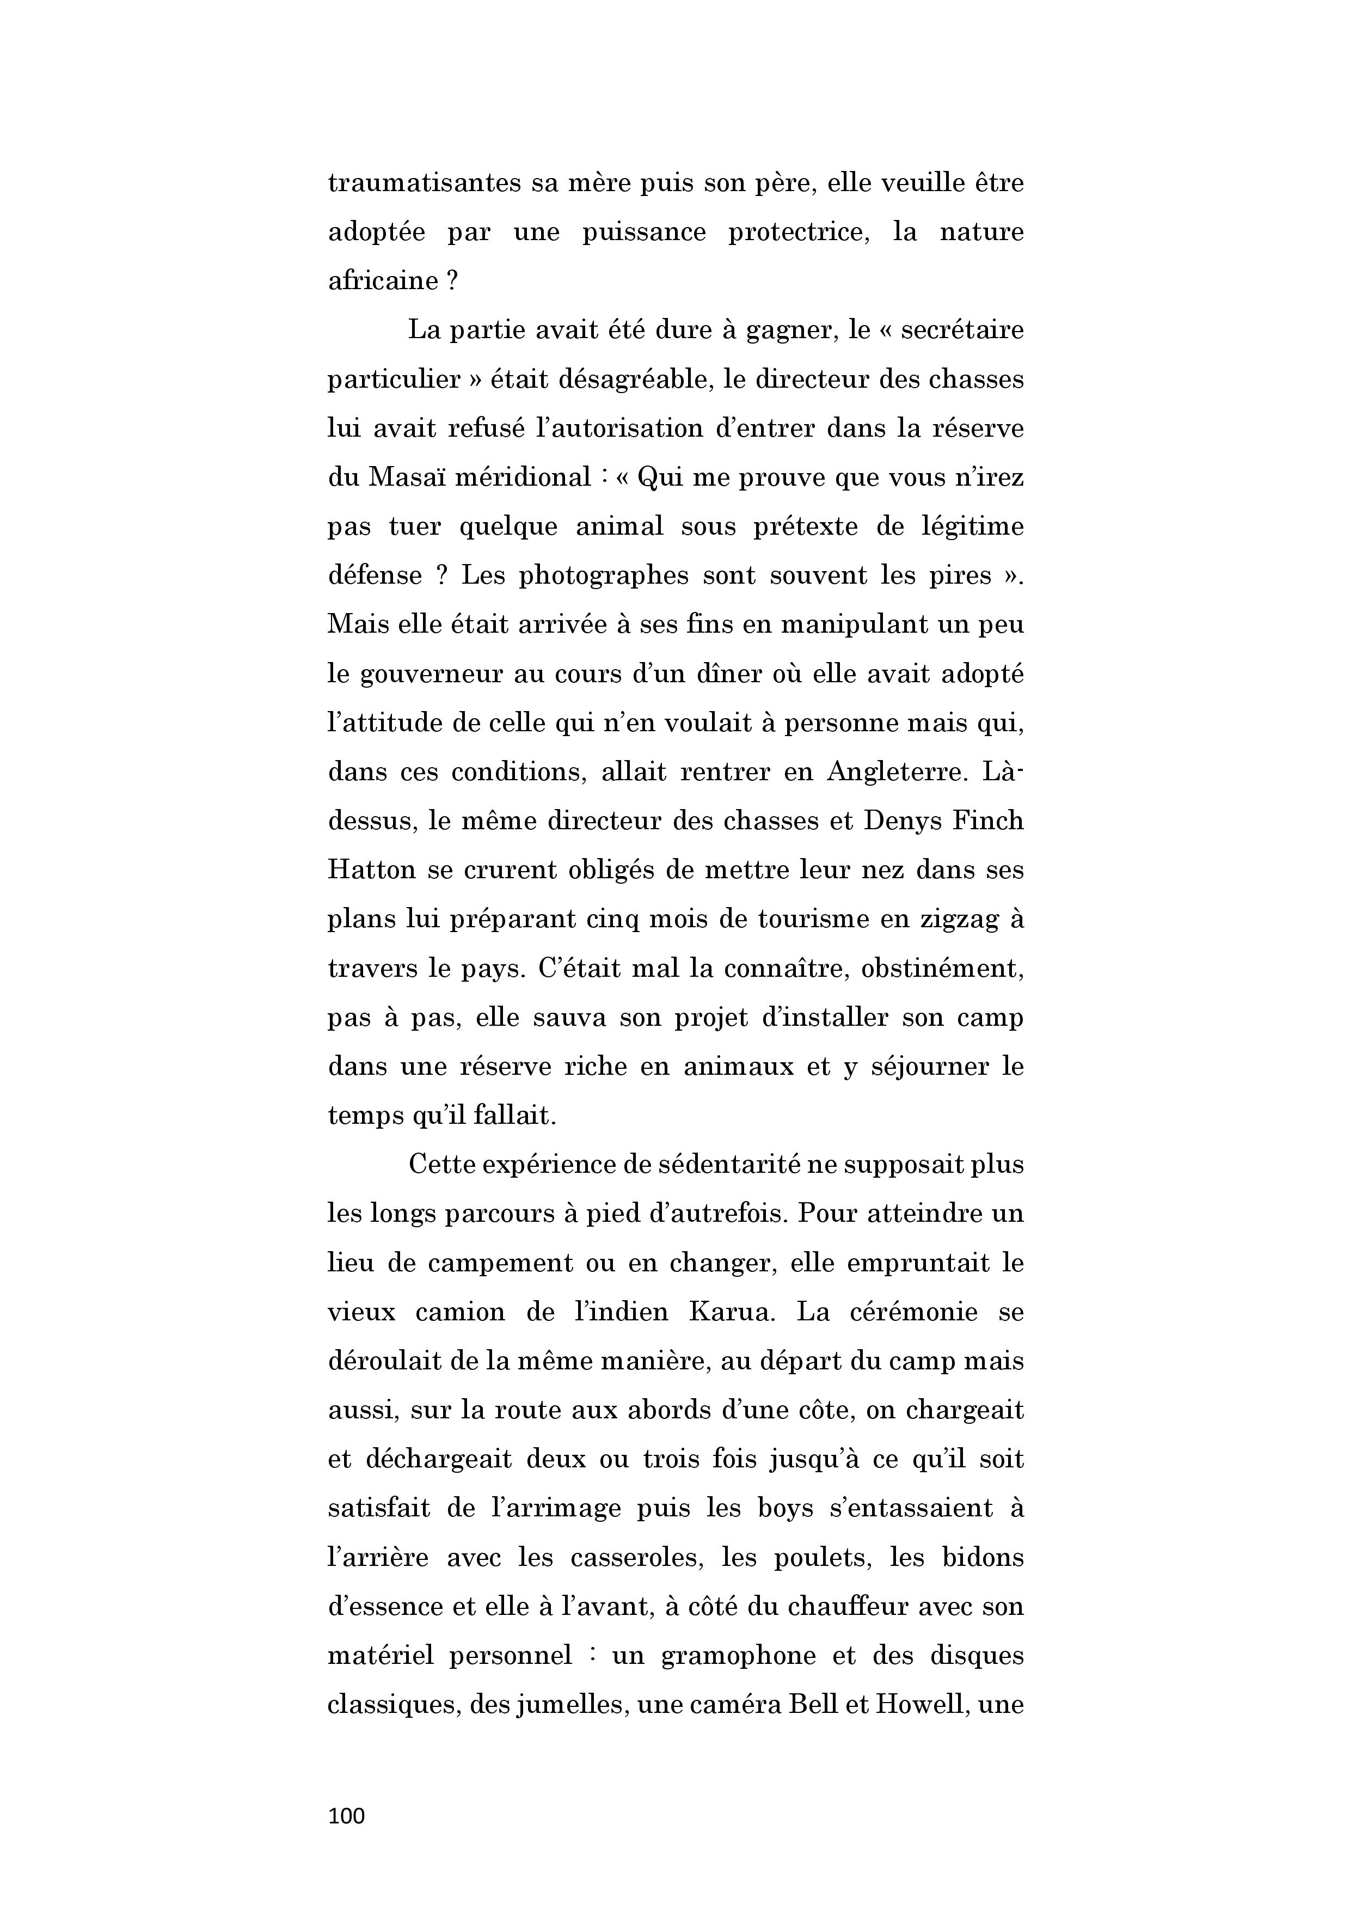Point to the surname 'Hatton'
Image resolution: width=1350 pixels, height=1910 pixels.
coord(372,870)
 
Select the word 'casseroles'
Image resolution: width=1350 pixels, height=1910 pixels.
coord(635,1557)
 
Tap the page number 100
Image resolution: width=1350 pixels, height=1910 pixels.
coord(347,1816)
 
